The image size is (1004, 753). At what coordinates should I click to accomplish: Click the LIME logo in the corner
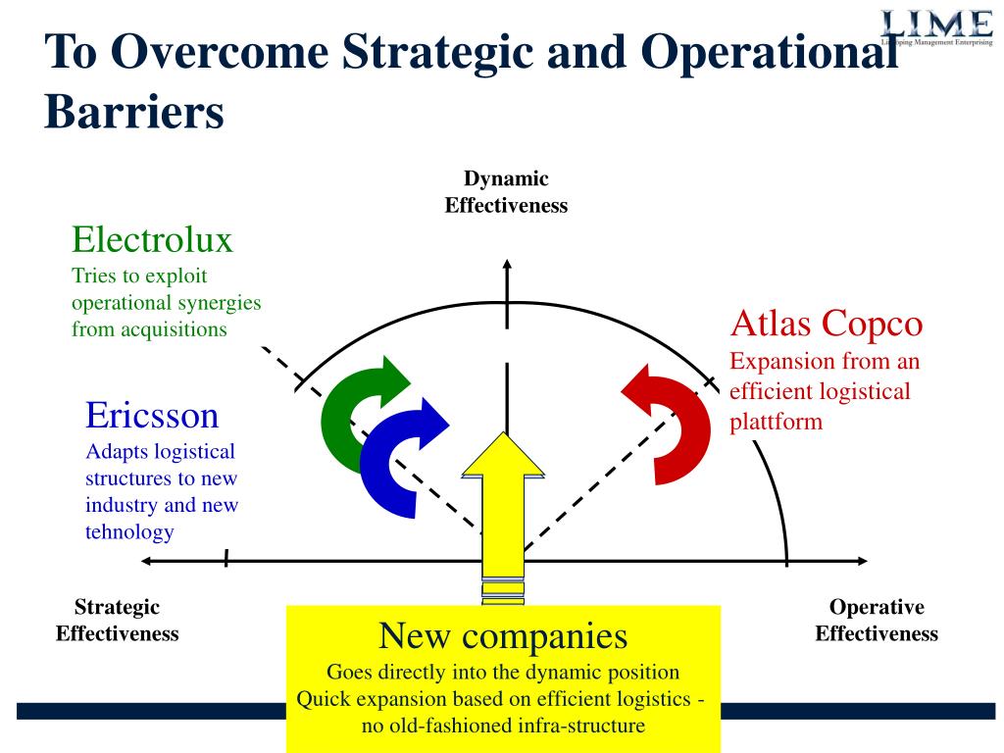pyautogui.click(x=936, y=27)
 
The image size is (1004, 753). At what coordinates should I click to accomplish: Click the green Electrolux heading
pyautogui.click(x=152, y=239)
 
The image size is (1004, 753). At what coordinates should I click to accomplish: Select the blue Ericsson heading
pyautogui.click(x=152, y=415)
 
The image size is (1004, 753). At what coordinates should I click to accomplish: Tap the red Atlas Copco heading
pyautogui.click(x=826, y=323)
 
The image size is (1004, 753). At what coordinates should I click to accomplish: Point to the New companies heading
pyautogui.click(x=503, y=635)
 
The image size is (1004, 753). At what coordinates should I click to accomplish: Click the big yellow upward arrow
pyautogui.click(x=503, y=512)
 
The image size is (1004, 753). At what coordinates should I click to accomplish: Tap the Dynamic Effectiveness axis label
pyautogui.click(x=506, y=191)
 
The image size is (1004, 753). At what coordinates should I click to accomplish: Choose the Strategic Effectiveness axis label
pyautogui.click(x=118, y=620)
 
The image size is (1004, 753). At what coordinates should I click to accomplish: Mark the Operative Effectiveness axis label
pyautogui.click(x=877, y=620)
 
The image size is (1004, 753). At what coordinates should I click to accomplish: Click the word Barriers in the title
pyautogui.click(x=134, y=112)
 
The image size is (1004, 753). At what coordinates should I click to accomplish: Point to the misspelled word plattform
pyautogui.click(x=777, y=423)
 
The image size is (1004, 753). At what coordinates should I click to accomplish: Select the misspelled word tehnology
pyautogui.click(x=129, y=532)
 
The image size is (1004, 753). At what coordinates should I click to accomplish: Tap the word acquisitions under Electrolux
pyautogui.click(x=174, y=329)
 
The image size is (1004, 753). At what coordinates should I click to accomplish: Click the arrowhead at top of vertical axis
pyautogui.click(x=507, y=264)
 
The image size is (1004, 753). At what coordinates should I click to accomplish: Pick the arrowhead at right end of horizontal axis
pyautogui.click(x=862, y=561)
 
